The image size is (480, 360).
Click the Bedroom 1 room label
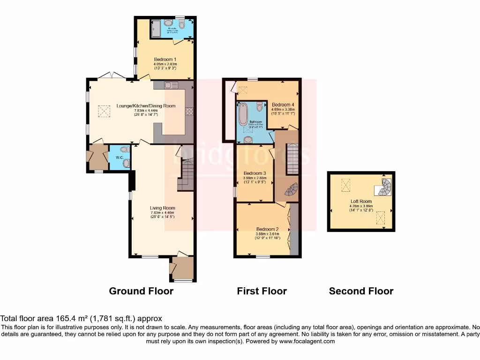point(165,60)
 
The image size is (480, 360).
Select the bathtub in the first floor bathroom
point(243,115)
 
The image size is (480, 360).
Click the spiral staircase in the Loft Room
point(385,187)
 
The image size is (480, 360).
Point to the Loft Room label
point(360,201)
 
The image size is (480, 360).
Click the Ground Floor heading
point(141,291)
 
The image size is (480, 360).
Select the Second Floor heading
point(361,291)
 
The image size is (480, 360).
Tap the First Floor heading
point(262,291)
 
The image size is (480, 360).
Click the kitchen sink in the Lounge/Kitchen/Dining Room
point(171,85)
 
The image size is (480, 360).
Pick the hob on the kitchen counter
point(190,111)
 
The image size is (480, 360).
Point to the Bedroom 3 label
point(255,173)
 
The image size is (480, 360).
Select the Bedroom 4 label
point(283,104)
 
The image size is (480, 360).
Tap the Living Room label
point(162,208)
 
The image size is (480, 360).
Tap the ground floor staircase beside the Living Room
point(186,174)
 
